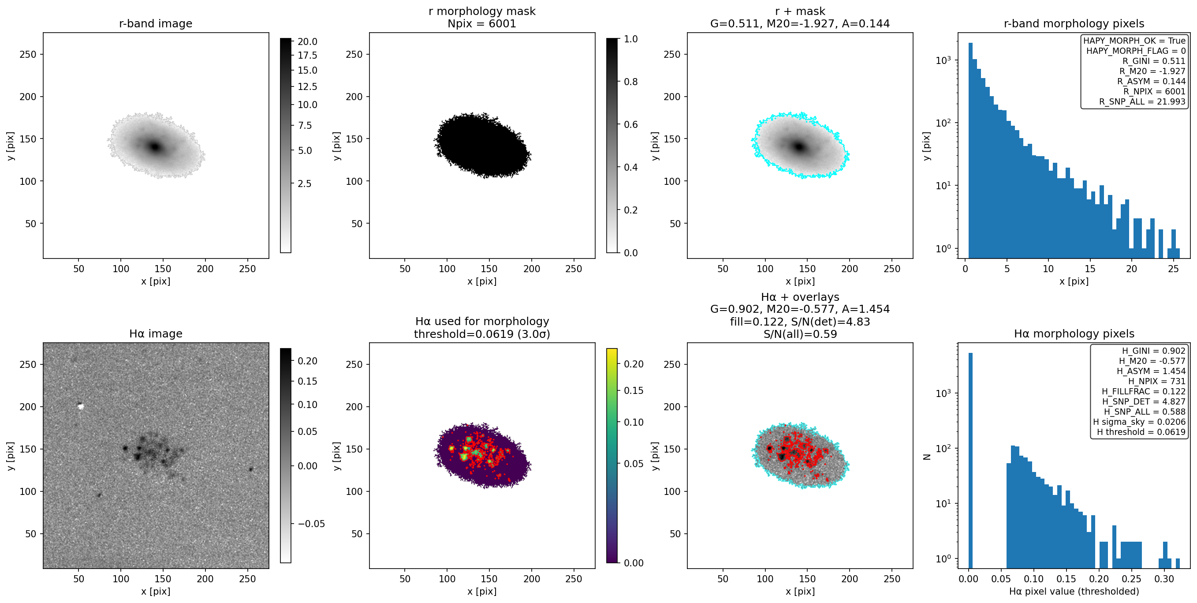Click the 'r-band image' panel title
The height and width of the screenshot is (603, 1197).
coord(156,23)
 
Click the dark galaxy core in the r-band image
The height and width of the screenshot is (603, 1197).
coord(155,147)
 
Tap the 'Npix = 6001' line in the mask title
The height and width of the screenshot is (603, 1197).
coord(482,23)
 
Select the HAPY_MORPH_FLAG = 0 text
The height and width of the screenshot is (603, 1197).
coord(1136,51)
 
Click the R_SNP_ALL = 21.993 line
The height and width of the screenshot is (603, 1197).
coord(1142,101)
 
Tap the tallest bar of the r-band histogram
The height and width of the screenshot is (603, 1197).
coord(971,150)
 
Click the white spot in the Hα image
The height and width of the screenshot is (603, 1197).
coord(81,407)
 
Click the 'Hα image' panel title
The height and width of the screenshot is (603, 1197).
coord(156,333)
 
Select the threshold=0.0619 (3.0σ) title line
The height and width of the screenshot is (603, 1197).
coord(482,334)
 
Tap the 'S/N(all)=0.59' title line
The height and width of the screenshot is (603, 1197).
coord(800,334)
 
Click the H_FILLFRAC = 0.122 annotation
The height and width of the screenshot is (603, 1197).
coord(1144,391)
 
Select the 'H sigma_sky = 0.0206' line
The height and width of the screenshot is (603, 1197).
coord(1139,422)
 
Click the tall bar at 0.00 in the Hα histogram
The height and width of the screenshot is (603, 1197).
coord(970,460)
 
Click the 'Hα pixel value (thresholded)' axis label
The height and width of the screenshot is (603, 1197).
coord(1074,592)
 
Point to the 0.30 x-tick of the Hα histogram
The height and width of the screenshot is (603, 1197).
coord(1164,579)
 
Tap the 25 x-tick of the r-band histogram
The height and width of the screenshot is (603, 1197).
coord(1173,269)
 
